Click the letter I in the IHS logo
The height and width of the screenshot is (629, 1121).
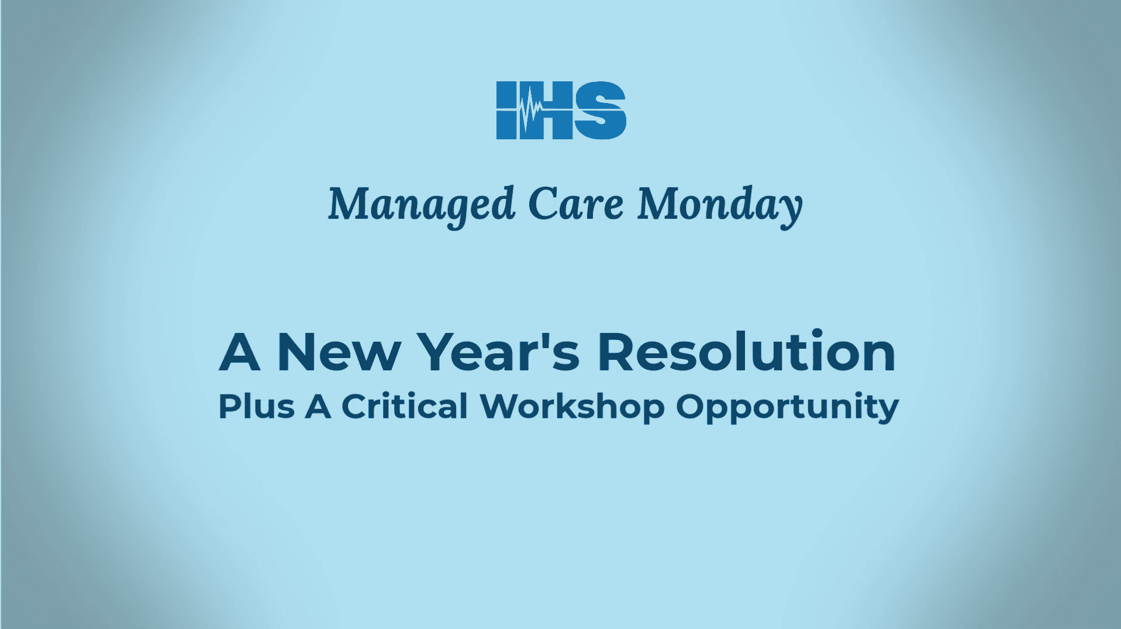(x=506, y=111)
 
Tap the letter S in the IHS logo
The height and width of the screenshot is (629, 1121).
(x=601, y=111)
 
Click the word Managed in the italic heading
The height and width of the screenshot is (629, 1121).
(x=422, y=205)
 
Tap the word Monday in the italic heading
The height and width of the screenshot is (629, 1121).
(x=720, y=205)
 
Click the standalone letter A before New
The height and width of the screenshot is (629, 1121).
(x=239, y=352)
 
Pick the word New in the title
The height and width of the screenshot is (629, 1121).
(x=339, y=352)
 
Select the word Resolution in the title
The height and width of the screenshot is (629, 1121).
(x=746, y=352)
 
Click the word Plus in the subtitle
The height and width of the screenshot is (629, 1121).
(x=256, y=407)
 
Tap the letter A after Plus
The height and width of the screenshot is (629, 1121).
(x=318, y=407)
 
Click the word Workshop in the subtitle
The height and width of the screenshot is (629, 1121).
(x=572, y=407)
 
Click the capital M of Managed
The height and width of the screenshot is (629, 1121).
(x=347, y=204)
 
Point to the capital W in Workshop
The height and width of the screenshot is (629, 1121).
(x=500, y=407)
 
